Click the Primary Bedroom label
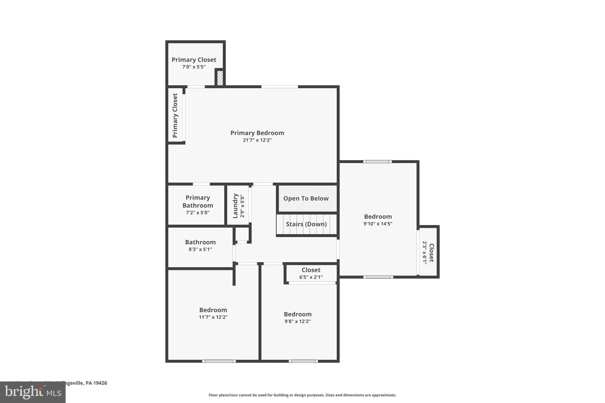pos(257,133)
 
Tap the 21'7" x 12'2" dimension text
pos(257,140)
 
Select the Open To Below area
pos(306,198)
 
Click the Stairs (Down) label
pos(306,224)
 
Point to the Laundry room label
pos(235,206)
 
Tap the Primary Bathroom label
pos(198,201)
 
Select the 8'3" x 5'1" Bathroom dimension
pos(200,249)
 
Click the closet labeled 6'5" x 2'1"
pos(311,273)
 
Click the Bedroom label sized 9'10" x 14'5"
pos(378,217)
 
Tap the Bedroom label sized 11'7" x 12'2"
pos(213,310)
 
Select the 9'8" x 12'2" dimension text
pos(297,322)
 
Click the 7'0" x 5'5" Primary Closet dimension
pos(194,67)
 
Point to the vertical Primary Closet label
pos(175,115)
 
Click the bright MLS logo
pos(32,392)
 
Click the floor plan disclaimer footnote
pos(302,395)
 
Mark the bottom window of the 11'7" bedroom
pos(219,361)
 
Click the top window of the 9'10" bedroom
pos(378,161)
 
